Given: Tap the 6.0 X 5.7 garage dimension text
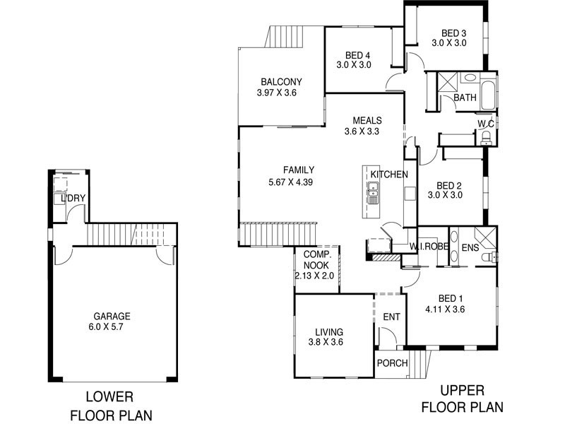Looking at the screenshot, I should point(112,327).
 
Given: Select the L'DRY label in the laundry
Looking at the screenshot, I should point(73,199).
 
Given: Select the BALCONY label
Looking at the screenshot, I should point(280,81).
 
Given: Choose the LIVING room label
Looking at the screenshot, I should point(329,331).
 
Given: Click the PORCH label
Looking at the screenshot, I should point(393,363).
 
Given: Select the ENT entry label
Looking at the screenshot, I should point(391,318).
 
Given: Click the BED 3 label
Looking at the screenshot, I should point(453,33).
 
